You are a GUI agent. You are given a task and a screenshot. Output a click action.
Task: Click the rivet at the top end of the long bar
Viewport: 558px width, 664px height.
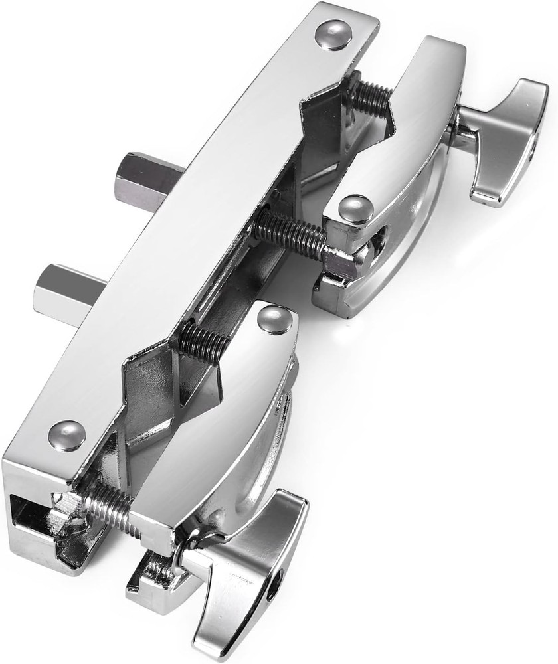coord(333,35)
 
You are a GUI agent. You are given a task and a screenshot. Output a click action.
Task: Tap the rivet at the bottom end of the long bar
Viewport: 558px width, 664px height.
coord(67,436)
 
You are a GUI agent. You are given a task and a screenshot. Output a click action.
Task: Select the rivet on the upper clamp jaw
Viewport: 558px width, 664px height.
coord(356,208)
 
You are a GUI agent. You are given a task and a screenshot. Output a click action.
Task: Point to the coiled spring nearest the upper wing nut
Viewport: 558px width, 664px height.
coord(370,97)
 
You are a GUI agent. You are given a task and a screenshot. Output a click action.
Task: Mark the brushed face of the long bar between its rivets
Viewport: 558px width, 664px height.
coord(199,232)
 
